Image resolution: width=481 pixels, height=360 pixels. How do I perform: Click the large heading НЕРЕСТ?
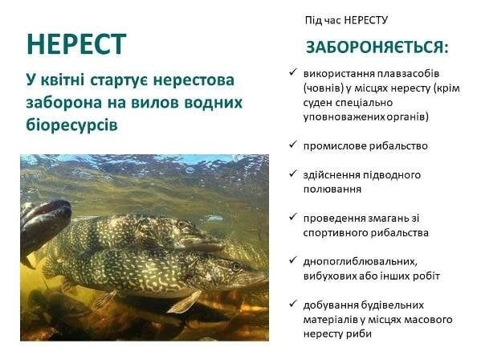[76, 44]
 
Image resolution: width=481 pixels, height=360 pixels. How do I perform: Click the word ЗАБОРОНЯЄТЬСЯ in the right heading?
[374, 47]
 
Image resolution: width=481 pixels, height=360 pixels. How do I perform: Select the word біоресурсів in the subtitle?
[71, 125]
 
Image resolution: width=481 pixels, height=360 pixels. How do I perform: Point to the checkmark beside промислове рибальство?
[293, 145]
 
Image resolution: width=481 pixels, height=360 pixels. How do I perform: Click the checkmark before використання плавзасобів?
[293, 72]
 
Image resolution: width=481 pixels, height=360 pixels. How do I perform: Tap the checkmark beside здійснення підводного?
[293, 174]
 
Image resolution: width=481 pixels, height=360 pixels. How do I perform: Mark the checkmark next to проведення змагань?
[293, 217]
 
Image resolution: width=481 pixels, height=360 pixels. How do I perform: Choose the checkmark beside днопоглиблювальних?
[293, 260]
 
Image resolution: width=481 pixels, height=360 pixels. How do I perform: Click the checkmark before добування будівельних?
[293, 304]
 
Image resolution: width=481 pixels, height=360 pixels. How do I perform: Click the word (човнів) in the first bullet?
[324, 88]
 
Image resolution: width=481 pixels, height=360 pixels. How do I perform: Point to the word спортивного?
[336, 233]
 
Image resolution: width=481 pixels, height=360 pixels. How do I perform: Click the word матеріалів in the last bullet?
[330, 320]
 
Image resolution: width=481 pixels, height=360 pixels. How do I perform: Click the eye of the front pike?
[236, 267]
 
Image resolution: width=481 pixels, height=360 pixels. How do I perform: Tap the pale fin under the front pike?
[184, 301]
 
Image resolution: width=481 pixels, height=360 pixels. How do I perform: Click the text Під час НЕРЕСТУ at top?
[346, 20]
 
